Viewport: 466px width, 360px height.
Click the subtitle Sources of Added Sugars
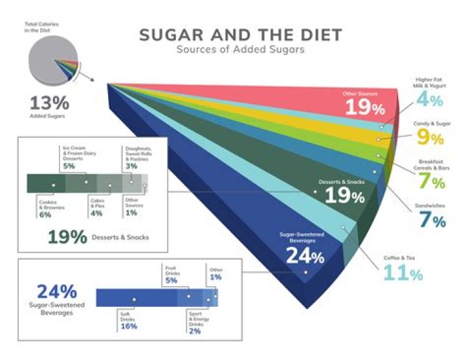[x=240, y=51]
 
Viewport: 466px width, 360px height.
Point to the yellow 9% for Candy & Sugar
[x=429, y=138]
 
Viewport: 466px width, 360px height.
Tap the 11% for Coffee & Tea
[x=403, y=273]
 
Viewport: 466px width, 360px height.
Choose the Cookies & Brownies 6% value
[x=45, y=214]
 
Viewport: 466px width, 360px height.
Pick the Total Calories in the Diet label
[x=41, y=27]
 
